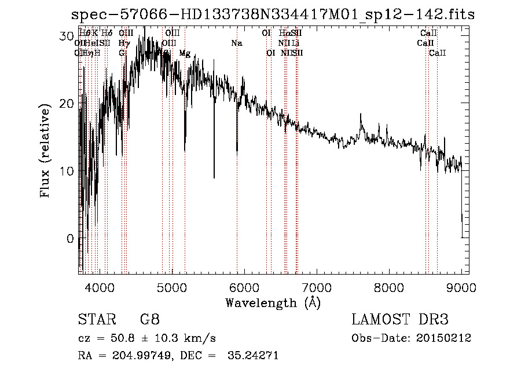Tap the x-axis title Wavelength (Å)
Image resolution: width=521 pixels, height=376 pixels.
[273, 302]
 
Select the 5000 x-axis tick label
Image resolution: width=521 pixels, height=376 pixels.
[172, 287]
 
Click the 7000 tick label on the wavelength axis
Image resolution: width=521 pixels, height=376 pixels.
[317, 287]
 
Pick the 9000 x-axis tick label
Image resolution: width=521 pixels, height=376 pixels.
[461, 287]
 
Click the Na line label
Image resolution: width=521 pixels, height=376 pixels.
[236, 43]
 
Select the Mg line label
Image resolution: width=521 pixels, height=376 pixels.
[185, 53]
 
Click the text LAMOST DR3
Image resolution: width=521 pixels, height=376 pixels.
[400, 320]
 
